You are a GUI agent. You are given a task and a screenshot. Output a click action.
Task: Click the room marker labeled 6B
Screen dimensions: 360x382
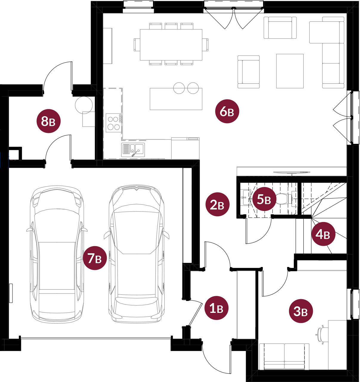pos(227,111)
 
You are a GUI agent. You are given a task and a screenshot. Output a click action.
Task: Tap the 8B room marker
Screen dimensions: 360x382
pos(49,121)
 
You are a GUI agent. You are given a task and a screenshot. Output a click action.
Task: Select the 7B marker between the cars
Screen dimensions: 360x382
pos(95,258)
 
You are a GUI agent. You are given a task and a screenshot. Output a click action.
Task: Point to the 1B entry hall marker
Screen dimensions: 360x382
pos(216,308)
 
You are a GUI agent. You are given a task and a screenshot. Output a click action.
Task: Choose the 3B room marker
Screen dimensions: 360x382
pos(301,311)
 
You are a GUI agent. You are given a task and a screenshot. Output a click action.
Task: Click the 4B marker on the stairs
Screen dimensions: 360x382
pos(323,234)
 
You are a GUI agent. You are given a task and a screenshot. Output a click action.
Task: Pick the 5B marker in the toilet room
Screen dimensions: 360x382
pos(264,199)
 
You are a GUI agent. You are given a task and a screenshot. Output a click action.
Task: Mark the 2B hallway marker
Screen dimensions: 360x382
pos(217,204)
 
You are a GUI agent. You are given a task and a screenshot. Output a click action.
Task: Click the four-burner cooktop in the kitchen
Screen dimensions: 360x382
pos(114,123)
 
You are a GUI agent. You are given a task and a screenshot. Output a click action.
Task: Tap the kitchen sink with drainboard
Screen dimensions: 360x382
pos(133,150)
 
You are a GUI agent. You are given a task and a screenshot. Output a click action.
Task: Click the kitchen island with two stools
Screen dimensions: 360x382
pos(176,99)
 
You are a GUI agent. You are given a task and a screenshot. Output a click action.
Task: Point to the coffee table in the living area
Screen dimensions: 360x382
pos(290,71)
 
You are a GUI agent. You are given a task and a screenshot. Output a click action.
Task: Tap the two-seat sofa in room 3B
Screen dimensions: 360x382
pos(284,357)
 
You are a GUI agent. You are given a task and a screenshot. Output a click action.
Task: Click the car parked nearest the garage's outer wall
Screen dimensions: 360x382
pos(57,254)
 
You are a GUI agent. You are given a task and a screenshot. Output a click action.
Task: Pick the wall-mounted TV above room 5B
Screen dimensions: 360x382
pos(292,172)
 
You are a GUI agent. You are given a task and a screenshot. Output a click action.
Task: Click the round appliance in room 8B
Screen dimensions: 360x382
pos(84,105)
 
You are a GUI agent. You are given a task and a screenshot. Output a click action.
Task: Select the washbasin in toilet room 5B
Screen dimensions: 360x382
pos(246,198)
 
